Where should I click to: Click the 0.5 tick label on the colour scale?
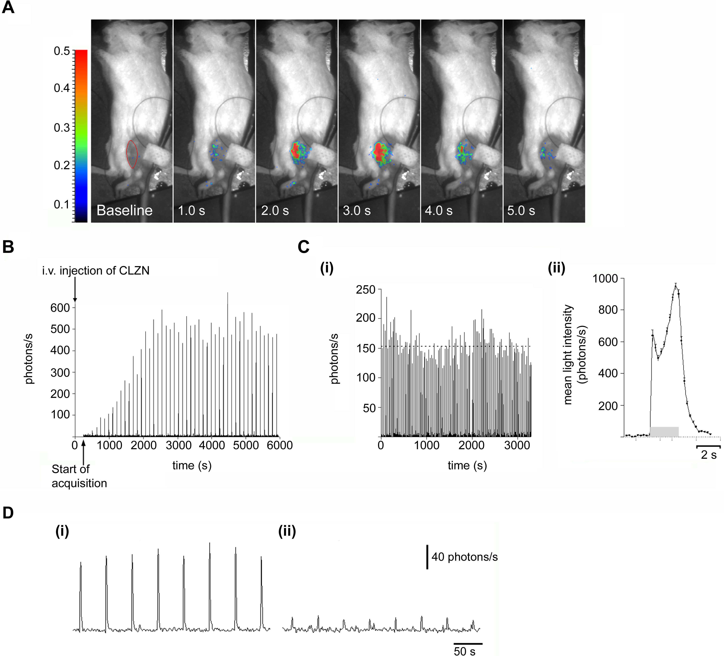pos(62,51)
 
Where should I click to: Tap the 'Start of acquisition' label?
pos(79,476)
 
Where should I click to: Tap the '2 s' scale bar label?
pos(709,455)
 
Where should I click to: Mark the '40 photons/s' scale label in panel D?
pos(464,557)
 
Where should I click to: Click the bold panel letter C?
pos(303,247)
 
